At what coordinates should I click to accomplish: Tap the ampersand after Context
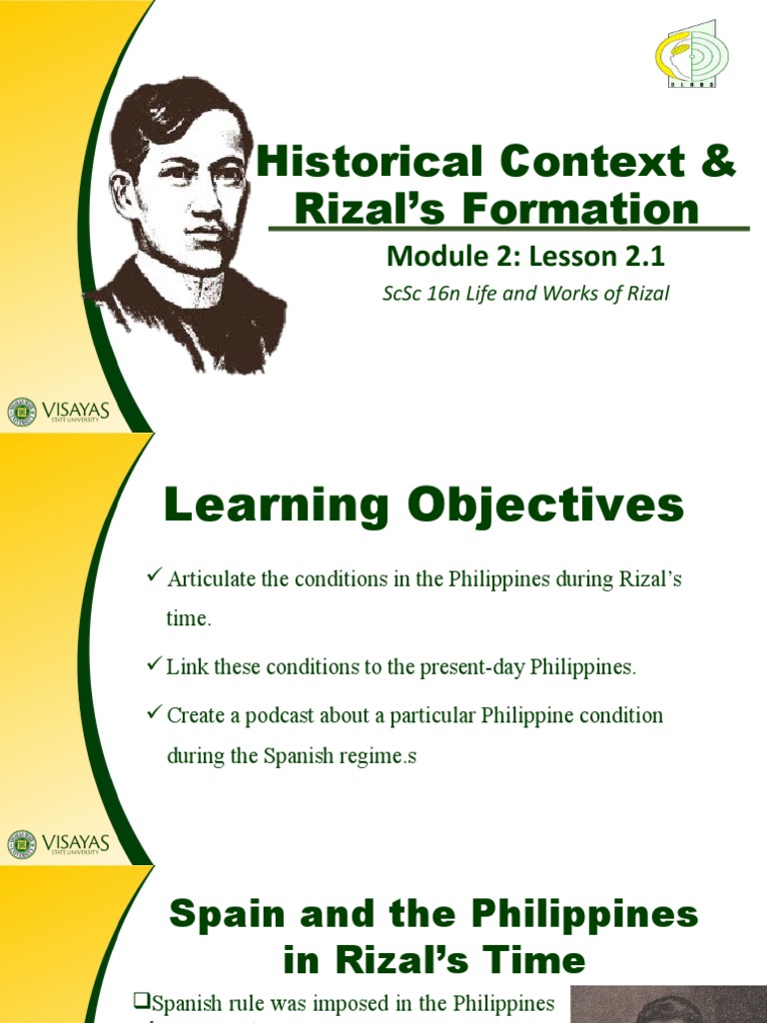point(716,163)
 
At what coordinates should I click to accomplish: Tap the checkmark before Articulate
point(154,576)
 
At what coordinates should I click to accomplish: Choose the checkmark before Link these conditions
point(154,664)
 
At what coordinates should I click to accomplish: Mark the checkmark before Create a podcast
point(154,713)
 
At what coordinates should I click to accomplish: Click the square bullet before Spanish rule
point(140,1001)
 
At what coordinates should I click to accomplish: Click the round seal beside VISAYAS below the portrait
point(21,412)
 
